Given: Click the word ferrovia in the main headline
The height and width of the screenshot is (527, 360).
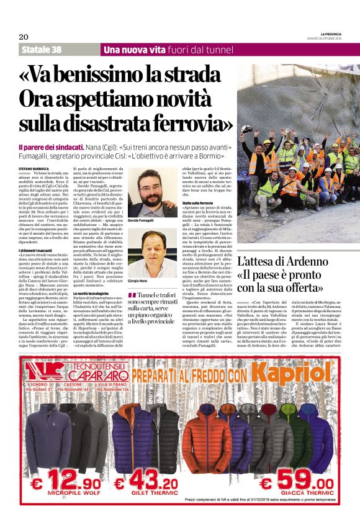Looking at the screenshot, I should (186, 124).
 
